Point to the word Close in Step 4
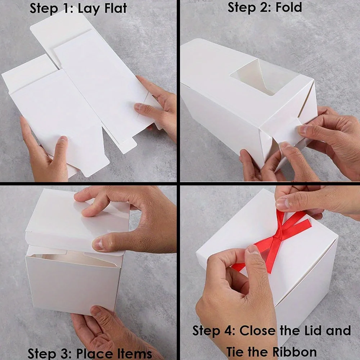(258, 330)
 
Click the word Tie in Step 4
(237, 351)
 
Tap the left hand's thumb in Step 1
(60, 144)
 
